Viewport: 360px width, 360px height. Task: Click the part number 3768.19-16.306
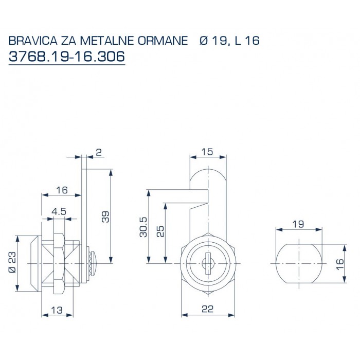(x=67, y=57)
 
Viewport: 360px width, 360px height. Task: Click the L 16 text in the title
(x=246, y=41)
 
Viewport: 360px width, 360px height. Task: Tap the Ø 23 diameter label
(x=13, y=263)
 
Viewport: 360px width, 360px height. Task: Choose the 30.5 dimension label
(x=143, y=226)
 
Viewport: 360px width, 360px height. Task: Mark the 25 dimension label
(x=160, y=231)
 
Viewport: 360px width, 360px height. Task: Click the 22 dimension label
(x=207, y=310)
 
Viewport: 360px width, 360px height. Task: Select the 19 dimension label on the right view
(x=298, y=224)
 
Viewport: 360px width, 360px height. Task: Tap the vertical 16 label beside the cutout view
(x=340, y=263)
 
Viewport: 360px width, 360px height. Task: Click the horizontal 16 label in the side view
(x=62, y=190)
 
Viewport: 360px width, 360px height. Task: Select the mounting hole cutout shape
(x=298, y=263)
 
